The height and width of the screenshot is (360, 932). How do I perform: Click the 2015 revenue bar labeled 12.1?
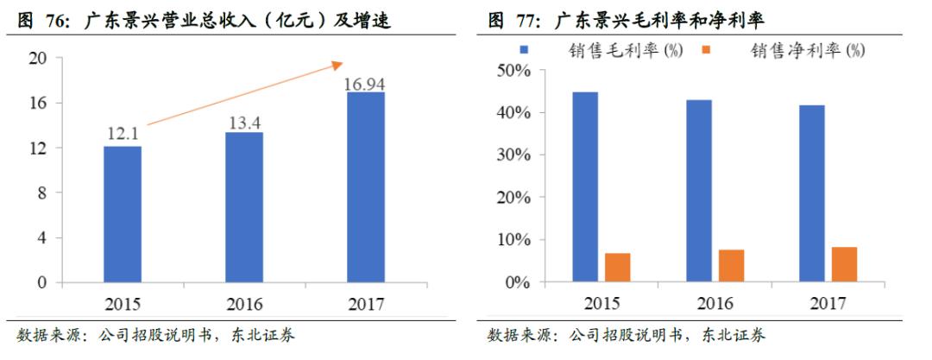[x=123, y=214]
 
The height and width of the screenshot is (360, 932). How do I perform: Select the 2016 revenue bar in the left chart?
[x=244, y=207]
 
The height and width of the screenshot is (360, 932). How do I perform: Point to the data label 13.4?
[x=244, y=123]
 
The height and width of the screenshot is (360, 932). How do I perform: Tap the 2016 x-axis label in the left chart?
[x=244, y=304]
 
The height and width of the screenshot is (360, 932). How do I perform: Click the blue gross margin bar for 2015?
[x=584, y=186]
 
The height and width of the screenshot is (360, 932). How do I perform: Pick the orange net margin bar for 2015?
[x=617, y=268]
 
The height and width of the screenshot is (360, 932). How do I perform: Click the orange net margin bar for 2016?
[x=731, y=266]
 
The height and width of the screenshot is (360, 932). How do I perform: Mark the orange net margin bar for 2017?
[x=845, y=264]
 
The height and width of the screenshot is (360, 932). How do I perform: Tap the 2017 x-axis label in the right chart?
[x=828, y=304]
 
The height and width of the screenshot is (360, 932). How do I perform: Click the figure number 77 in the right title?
[x=524, y=19]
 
